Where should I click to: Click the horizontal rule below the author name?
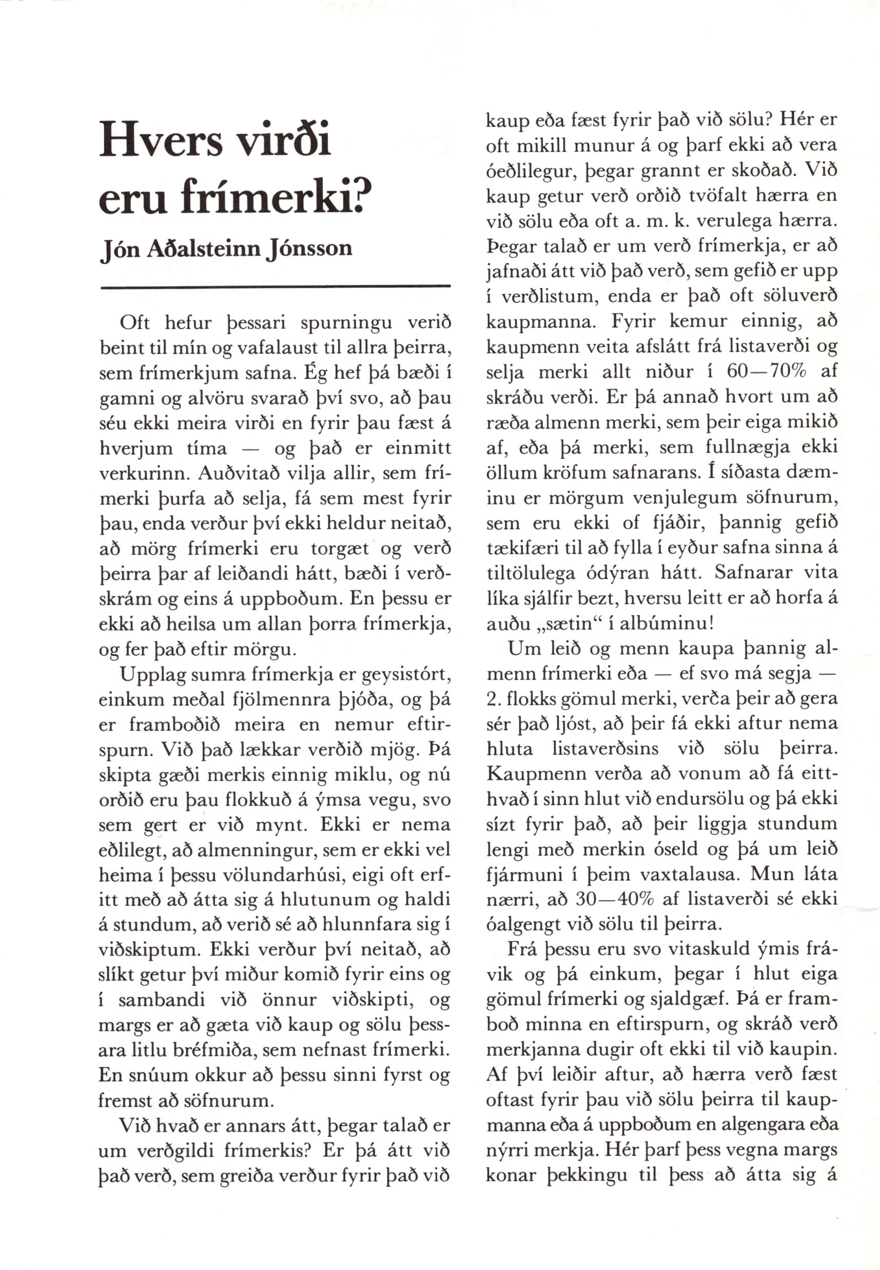pos(275,287)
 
